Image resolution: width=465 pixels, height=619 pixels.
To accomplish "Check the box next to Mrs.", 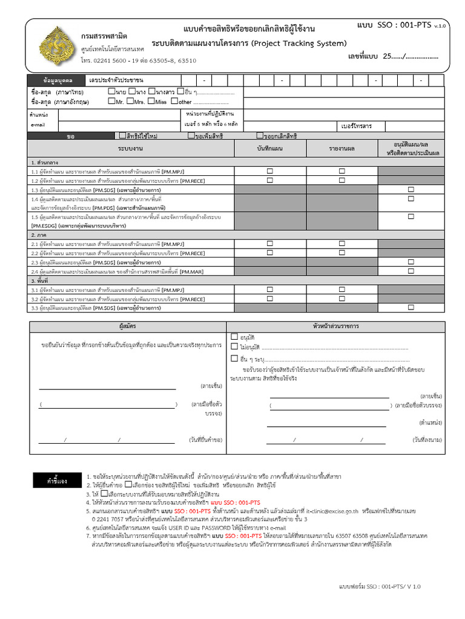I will tap(130, 102).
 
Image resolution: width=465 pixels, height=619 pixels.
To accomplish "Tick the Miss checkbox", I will tap(151, 102).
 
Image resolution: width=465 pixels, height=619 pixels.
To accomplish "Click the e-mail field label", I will tap(38, 125).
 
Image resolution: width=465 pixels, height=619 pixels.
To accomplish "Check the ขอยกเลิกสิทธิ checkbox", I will tap(260, 136).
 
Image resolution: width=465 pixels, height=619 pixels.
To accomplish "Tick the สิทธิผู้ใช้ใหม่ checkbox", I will tap(123, 136).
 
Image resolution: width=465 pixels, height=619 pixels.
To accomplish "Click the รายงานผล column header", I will tap(342, 148).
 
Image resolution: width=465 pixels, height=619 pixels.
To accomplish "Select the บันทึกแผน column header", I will tap(270, 148).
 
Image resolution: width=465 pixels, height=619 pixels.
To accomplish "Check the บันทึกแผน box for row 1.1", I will tap(270, 172).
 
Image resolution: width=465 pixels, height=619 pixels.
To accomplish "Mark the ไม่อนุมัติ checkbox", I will tap(234, 347).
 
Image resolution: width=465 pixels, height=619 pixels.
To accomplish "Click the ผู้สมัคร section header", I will tap(128, 326).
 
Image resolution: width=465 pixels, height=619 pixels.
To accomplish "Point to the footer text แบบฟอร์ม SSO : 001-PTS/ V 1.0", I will tap(380, 586).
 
